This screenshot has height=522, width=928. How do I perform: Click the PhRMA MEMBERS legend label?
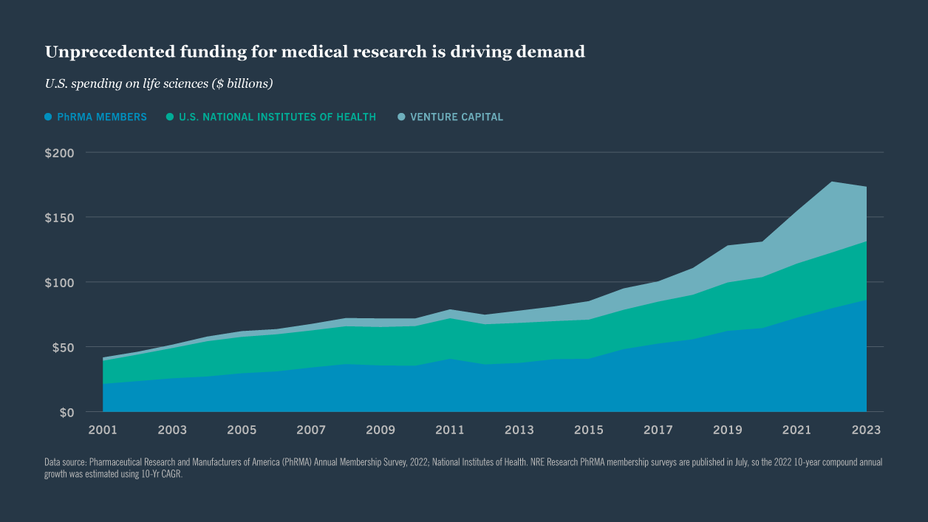102,117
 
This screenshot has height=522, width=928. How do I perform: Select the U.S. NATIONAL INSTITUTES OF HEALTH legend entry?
277,117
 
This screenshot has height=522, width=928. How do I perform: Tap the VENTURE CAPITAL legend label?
457,117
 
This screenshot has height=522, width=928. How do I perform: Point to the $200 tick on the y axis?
60,153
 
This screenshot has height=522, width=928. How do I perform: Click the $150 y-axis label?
60,218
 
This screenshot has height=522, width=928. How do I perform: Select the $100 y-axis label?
60,282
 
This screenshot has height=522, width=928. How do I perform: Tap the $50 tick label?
63,347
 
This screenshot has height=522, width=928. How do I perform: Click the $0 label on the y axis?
66,412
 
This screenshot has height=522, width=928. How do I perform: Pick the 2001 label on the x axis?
103,430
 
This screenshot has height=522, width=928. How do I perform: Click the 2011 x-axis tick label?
450,430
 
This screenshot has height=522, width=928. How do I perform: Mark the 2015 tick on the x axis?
589,430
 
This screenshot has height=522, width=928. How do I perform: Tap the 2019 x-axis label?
728,430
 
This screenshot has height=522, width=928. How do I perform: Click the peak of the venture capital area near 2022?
832,182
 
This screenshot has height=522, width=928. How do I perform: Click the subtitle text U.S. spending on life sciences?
159,83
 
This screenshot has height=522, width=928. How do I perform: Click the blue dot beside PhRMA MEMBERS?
48,117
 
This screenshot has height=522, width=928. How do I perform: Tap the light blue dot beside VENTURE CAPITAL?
401,117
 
